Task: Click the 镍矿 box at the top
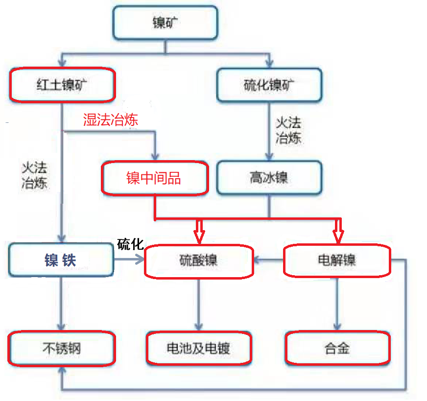tap(165, 23)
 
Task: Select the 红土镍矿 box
tap(62, 85)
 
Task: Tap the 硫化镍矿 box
tap(269, 85)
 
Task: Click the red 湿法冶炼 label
tap(111, 119)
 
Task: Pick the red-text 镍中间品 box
tap(155, 178)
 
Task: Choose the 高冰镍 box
tap(269, 178)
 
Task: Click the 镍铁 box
tap(61, 259)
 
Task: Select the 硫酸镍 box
tap(199, 261)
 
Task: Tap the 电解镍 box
tap(337, 260)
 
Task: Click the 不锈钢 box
tap(62, 348)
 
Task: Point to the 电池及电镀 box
tap(199, 349)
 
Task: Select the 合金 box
tap(337, 348)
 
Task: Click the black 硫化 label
tap(130, 244)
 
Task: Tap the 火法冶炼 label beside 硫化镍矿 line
tap(288, 130)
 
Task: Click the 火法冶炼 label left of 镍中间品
tap(34, 175)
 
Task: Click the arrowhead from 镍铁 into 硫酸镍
tap(140, 259)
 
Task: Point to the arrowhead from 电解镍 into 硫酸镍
tap(258, 260)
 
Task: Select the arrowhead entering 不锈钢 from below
tap(62, 370)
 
